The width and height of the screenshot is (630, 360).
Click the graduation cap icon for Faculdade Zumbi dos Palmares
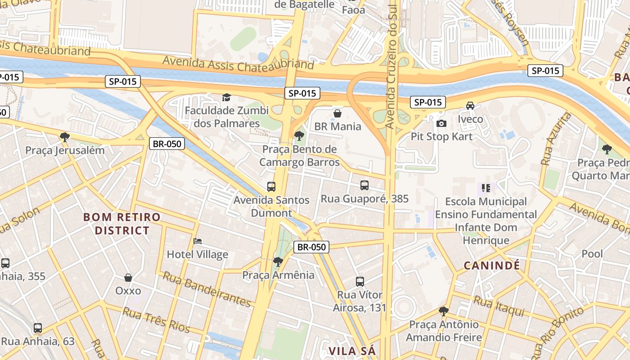tap(226, 97)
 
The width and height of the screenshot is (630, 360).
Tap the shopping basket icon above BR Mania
tap(337, 113)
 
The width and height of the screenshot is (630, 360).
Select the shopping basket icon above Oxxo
tap(128, 278)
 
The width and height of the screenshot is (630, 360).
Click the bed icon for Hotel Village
tap(197, 241)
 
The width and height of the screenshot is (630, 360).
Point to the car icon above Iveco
tap(470, 106)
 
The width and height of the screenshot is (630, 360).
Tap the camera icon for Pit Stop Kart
tap(441, 123)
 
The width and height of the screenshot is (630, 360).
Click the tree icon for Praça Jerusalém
tap(65, 137)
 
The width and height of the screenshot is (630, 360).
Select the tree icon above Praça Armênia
tap(278, 261)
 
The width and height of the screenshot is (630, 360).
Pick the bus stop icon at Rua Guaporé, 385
tap(364, 185)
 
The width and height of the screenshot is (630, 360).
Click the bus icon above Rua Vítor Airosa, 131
tap(360, 282)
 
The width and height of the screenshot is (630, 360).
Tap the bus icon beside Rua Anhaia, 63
tap(38, 328)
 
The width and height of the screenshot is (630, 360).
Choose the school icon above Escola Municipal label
tap(486, 188)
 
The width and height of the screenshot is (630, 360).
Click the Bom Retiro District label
tap(122, 224)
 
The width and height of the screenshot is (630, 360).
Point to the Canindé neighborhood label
tap(492, 265)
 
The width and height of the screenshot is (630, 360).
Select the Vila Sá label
tap(352, 351)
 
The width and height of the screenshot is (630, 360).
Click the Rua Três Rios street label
tap(156, 320)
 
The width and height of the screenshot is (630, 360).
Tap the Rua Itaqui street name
tap(499, 306)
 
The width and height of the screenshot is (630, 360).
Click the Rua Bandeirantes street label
tap(207, 288)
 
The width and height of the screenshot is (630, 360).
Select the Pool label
tap(592, 254)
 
